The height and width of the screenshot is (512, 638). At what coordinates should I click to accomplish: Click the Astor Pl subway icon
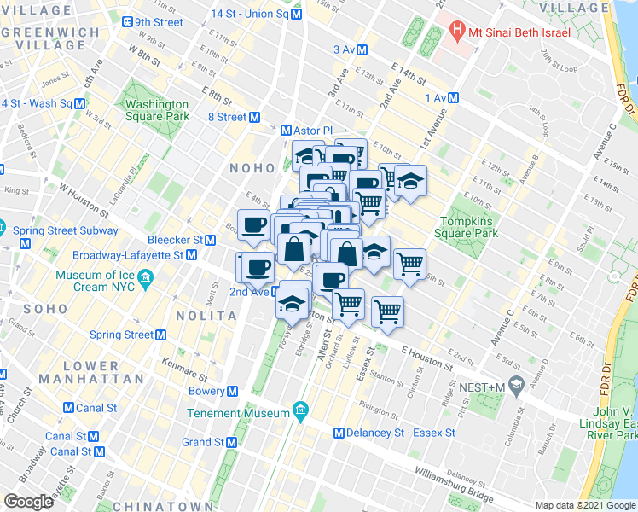[x=287, y=131]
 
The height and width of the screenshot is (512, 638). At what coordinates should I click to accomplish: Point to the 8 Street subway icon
[x=253, y=117]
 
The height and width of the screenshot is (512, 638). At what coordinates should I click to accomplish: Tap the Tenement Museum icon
[x=300, y=413]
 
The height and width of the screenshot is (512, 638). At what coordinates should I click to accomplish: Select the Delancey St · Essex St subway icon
[x=339, y=433]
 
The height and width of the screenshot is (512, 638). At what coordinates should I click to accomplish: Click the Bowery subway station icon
[x=232, y=391]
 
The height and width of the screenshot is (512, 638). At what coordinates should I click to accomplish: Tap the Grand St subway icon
[x=232, y=442]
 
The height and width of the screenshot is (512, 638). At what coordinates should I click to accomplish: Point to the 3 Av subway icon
[x=362, y=49]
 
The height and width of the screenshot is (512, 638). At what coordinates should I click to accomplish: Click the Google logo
[x=28, y=502]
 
